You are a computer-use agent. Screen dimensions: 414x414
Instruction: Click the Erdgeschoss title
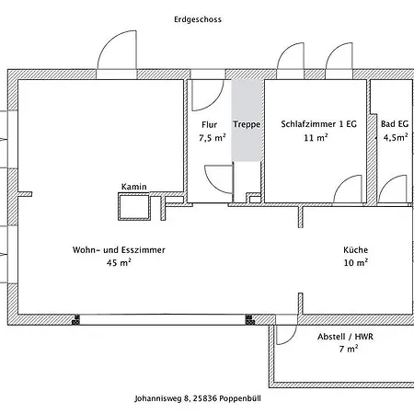(x=198, y=19)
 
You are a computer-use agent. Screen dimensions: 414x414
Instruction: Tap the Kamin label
(x=133, y=187)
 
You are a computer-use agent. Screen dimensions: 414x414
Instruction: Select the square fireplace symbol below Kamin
(x=134, y=206)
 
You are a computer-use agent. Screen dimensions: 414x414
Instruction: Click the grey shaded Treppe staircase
(x=247, y=121)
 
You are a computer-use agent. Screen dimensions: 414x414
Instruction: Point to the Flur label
(x=210, y=125)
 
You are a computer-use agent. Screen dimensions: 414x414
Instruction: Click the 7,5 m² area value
(x=213, y=138)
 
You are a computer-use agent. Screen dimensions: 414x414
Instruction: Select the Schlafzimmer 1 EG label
(x=319, y=124)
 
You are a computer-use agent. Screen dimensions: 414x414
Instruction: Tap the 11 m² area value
(x=316, y=138)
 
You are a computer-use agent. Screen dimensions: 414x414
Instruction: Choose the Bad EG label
(x=395, y=124)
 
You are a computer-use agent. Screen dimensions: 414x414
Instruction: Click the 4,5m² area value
(x=396, y=137)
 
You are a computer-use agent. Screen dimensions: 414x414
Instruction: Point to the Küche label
(x=356, y=249)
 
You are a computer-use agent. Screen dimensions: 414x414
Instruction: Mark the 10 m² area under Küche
(x=356, y=263)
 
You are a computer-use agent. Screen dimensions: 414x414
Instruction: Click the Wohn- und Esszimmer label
(x=119, y=250)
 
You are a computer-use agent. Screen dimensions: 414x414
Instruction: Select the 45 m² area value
(x=119, y=263)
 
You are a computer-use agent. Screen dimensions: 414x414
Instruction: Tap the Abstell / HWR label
(x=346, y=337)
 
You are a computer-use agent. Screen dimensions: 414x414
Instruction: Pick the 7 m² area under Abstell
(x=349, y=349)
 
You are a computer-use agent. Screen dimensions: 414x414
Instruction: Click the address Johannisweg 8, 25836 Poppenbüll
(x=198, y=398)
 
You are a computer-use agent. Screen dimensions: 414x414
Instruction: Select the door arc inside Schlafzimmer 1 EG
(x=343, y=181)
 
